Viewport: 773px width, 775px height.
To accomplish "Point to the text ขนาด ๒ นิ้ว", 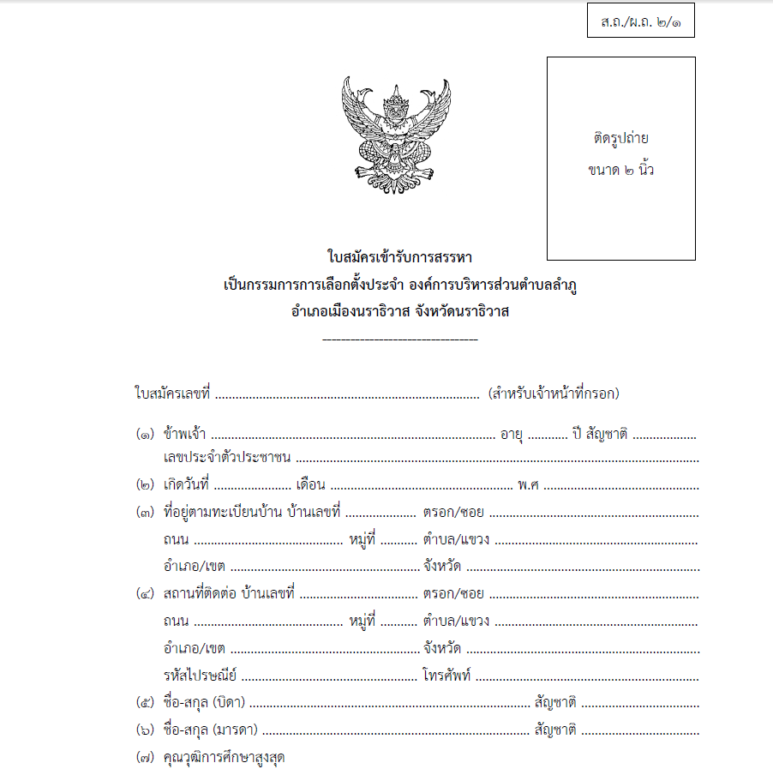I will coord(621,169).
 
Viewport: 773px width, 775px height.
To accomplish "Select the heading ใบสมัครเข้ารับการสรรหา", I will coord(399,256).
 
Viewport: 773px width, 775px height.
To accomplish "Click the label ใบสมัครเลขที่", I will coord(172,394).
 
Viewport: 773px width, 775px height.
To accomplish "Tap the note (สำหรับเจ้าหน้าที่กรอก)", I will coord(554,394).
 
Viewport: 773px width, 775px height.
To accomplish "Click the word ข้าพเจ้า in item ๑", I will coord(184,435).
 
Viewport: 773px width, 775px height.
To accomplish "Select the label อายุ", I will coord(512,435).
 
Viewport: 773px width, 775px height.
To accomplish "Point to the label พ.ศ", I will coord(528,485).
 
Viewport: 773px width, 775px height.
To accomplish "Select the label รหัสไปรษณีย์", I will coord(199,674).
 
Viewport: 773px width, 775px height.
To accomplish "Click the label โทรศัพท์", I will coord(446,674).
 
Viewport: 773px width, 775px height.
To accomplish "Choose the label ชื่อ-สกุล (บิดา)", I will coord(204,703).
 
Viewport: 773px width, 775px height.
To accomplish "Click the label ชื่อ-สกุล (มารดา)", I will coord(210,731).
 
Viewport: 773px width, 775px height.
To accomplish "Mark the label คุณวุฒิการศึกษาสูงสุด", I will coord(224,759).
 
